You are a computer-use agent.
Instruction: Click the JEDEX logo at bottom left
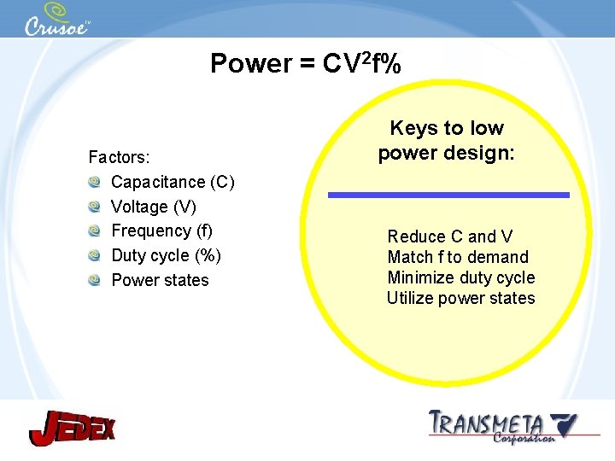click(x=72, y=428)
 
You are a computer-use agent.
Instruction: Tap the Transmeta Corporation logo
click(x=501, y=425)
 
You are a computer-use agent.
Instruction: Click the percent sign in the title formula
click(x=390, y=64)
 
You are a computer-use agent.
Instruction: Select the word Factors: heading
click(x=120, y=157)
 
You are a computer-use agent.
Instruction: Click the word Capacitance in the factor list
click(x=158, y=182)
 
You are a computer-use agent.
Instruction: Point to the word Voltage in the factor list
click(x=139, y=207)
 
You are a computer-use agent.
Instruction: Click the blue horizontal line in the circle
click(x=449, y=195)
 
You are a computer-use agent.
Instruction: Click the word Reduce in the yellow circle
click(x=417, y=236)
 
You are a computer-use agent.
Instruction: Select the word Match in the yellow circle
click(x=411, y=257)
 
